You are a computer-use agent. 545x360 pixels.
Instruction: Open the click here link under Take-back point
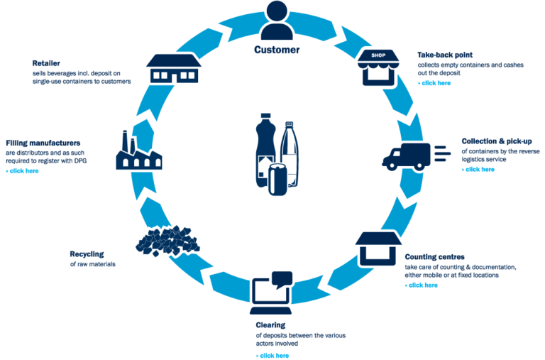(435, 83)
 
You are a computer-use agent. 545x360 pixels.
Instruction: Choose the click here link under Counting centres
(422, 285)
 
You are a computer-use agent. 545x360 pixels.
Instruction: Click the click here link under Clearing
(273, 355)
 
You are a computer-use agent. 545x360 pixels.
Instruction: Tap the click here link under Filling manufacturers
(23, 170)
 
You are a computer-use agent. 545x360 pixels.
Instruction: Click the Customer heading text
(277, 50)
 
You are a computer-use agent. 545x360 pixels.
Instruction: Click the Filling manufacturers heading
(43, 142)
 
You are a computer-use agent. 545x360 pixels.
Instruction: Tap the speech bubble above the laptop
(282, 278)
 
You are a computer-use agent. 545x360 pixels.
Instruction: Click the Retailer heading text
(45, 63)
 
